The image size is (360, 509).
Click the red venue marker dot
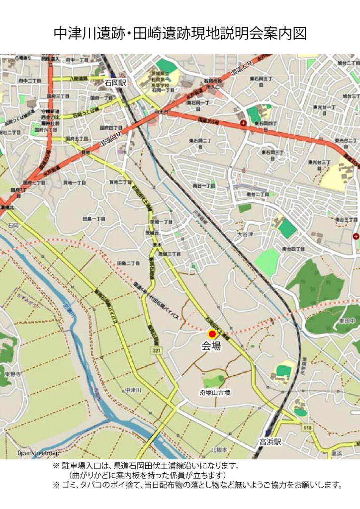pos(212,334)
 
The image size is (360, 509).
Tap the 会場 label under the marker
pos(211,347)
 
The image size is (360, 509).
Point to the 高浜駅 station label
pos(270,441)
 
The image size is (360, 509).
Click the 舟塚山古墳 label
pos(215,393)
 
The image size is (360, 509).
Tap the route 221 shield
pos(157,351)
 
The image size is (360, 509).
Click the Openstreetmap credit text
pos(38,453)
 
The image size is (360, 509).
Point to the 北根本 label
pos(219,450)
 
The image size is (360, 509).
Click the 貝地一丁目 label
pos(75,183)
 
